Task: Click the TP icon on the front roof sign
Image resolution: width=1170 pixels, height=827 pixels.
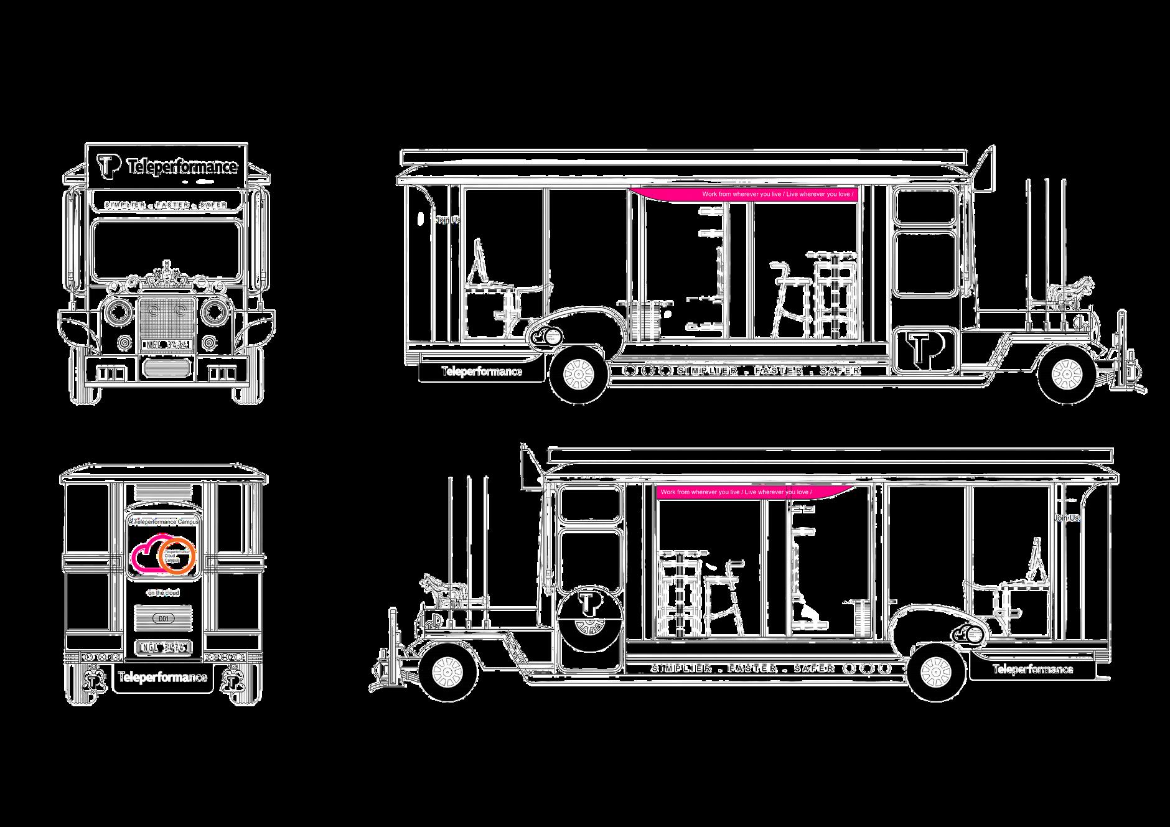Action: [x=108, y=166]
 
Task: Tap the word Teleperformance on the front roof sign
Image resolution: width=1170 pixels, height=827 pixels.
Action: [x=182, y=167]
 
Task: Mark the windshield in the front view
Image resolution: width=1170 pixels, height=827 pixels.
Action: [x=167, y=250]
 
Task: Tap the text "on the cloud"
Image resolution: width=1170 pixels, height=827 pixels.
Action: [x=163, y=593]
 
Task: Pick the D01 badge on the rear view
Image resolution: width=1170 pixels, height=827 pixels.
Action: [x=164, y=619]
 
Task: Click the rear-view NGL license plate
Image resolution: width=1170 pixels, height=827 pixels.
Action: [x=163, y=648]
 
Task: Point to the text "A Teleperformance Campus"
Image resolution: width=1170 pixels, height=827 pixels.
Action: [x=163, y=522]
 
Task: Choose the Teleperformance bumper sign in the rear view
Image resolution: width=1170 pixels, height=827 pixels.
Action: [x=164, y=677]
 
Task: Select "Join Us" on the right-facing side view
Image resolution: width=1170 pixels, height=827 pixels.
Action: [x=447, y=220]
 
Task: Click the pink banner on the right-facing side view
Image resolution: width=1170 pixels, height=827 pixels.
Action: [x=747, y=194]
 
